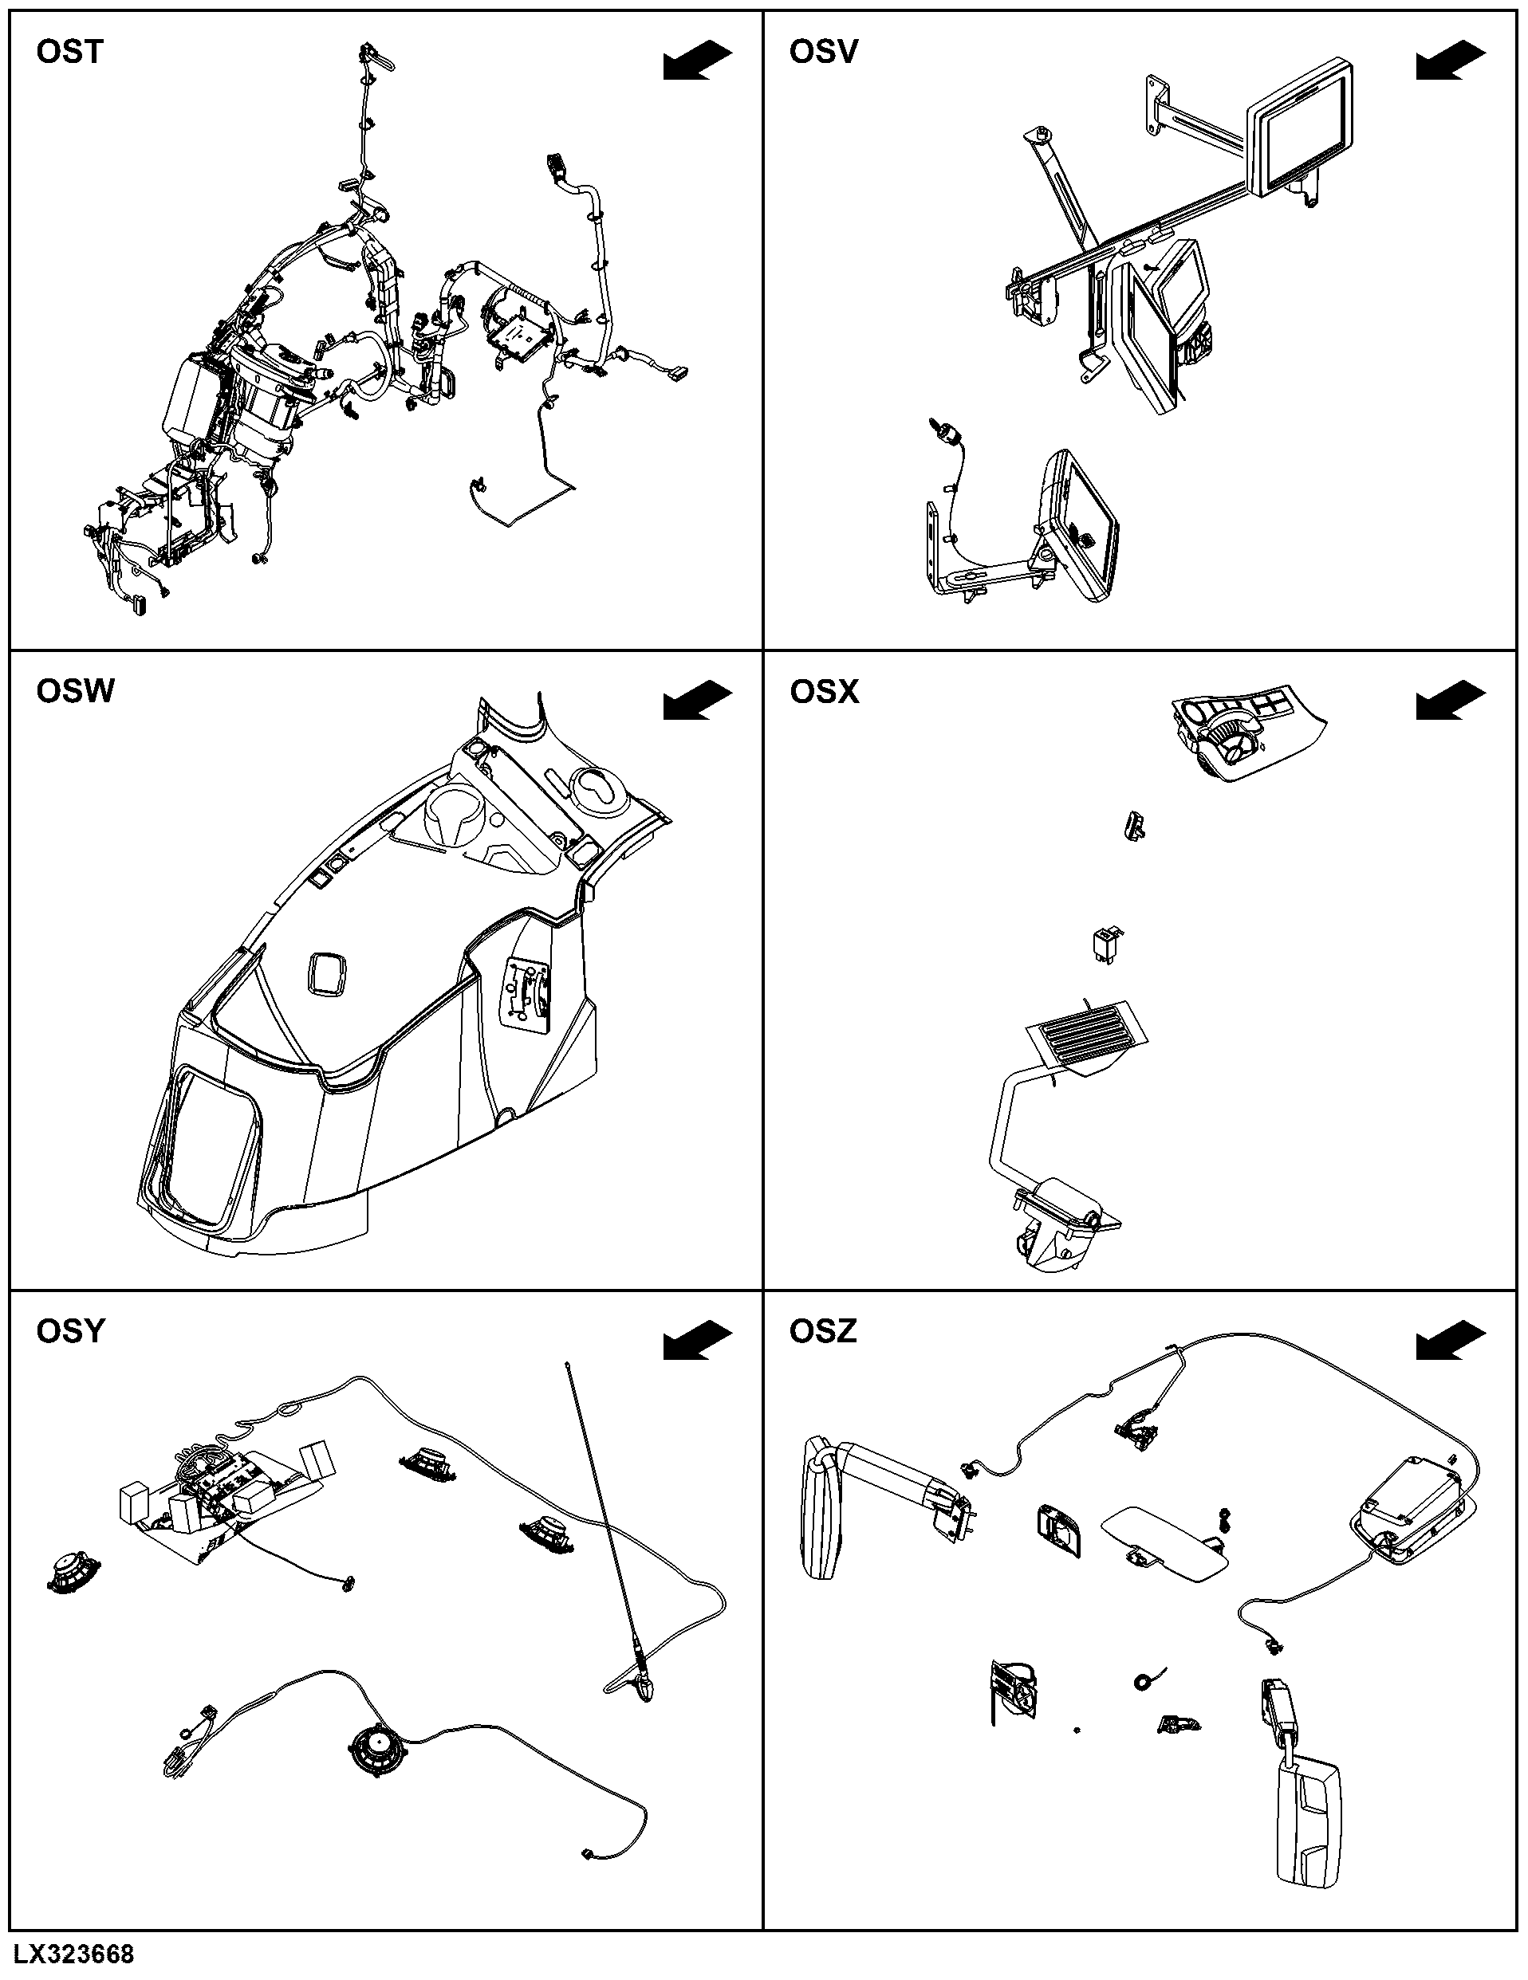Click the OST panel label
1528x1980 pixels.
click(70, 53)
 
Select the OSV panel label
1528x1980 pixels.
click(823, 53)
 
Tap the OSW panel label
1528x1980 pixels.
click(75, 692)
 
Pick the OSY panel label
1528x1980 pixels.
click(71, 1332)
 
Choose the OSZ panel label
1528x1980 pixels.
click(823, 1332)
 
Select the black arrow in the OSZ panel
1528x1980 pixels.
click(1451, 1340)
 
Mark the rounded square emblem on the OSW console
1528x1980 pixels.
click(327, 974)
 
